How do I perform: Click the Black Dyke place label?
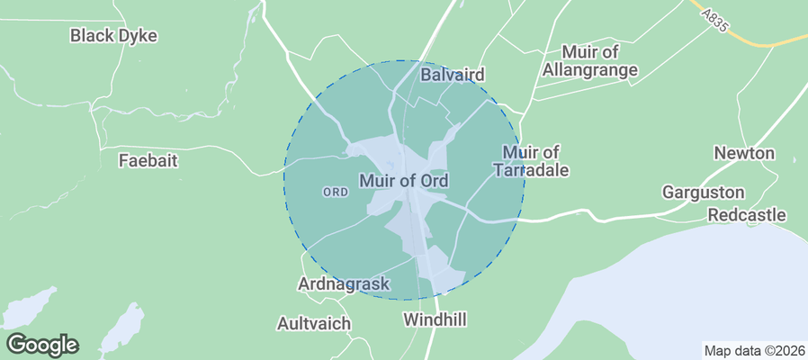113,36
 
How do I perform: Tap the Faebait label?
148,161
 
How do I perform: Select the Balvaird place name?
453,75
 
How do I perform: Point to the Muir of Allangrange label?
599,60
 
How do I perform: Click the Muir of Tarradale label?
532,161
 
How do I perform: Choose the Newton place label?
744,153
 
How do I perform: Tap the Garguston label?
704,193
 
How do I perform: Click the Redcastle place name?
747,215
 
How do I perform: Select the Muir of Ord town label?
404,181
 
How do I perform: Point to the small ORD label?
335,193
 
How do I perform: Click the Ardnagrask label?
344,284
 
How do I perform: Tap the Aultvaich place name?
314,322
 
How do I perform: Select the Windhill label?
435,319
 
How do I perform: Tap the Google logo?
41,344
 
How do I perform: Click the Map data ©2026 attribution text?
753,351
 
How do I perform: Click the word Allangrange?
599,69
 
